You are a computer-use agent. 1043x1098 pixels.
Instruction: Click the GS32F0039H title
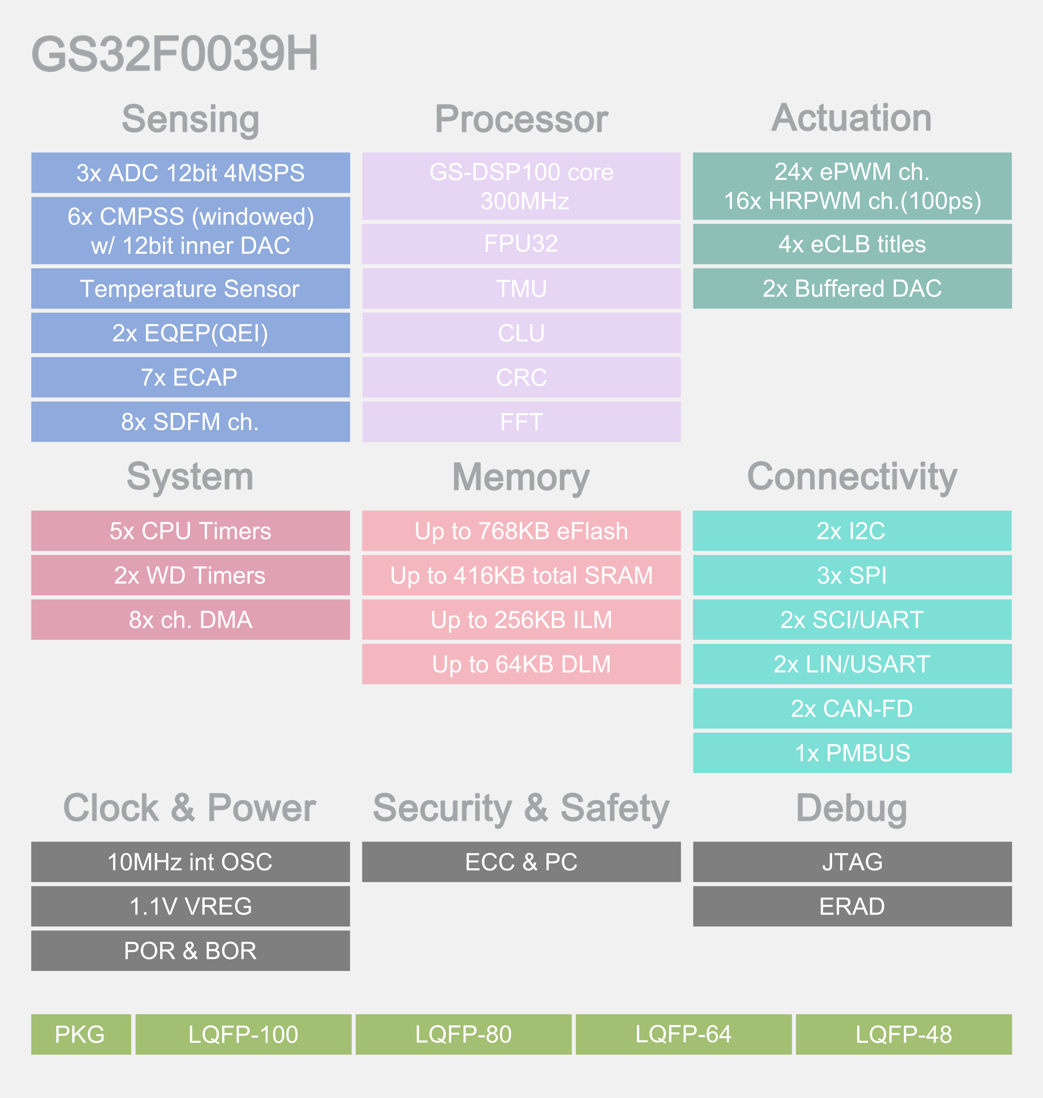click(x=175, y=54)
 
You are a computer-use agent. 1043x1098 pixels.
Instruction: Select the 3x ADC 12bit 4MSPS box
click(x=190, y=173)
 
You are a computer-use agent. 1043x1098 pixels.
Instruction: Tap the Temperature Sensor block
click(x=190, y=289)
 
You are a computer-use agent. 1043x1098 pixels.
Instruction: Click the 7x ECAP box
click(x=190, y=377)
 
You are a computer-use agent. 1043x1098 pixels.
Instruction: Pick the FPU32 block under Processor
click(x=521, y=244)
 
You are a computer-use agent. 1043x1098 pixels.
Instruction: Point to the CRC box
click(x=521, y=377)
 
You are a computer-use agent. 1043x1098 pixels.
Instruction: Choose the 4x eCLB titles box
click(x=852, y=244)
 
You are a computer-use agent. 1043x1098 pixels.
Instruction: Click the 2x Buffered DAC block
click(x=852, y=289)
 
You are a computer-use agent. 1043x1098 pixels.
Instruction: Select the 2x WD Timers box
click(x=190, y=575)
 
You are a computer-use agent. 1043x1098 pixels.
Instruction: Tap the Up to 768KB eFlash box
click(x=521, y=531)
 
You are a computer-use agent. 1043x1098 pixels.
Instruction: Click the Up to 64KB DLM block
click(x=521, y=664)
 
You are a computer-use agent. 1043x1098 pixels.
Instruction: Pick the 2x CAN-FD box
click(x=852, y=709)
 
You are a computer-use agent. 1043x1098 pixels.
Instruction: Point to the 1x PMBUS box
click(x=852, y=753)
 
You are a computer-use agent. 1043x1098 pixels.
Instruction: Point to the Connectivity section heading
click(x=852, y=477)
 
